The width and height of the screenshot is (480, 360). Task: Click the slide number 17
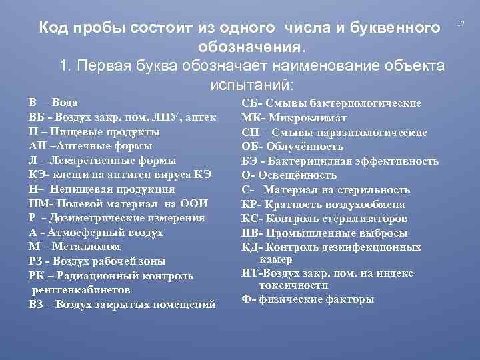click(x=460, y=25)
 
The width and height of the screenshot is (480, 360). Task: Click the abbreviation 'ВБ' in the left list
click(x=36, y=117)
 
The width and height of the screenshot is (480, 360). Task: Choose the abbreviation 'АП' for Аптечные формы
click(x=37, y=145)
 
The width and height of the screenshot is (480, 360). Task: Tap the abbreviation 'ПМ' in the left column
click(x=37, y=203)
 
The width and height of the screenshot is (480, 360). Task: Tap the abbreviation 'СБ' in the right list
click(x=249, y=103)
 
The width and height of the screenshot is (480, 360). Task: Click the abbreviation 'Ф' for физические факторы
click(x=245, y=299)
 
